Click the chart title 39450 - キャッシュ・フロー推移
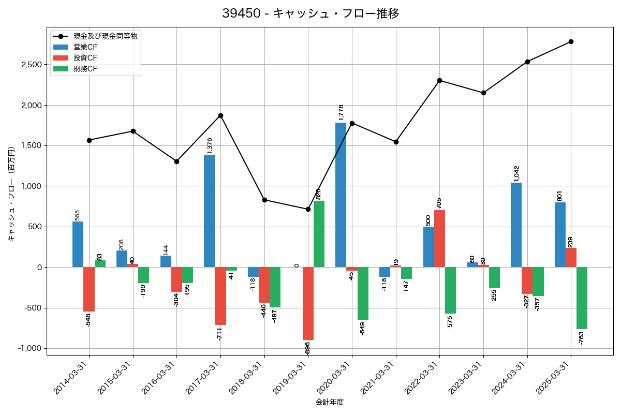coord(310,13)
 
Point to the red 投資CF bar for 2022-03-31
coord(440,239)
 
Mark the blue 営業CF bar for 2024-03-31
coord(516,225)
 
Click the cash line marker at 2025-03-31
coord(571,41)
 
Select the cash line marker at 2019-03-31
coord(308,209)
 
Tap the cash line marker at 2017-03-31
coord(220,115)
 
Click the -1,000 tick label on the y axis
coord(30,348)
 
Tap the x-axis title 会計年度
coord(330,402)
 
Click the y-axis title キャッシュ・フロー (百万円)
coord(11,200)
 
